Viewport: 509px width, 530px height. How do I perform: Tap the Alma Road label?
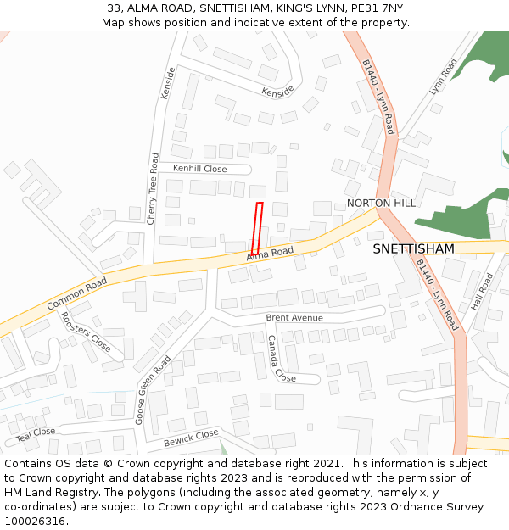270,253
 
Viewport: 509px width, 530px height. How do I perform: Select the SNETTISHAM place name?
413,248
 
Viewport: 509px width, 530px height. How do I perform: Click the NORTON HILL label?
381,204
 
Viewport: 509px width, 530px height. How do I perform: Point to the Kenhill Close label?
200,169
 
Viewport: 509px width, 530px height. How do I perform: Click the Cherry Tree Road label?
154,188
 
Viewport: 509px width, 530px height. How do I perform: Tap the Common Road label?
77,293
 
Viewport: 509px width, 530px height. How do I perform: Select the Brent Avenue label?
294,318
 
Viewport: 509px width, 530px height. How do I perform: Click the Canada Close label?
280,359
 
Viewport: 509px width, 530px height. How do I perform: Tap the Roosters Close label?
85,332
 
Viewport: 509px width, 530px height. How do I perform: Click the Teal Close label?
36,434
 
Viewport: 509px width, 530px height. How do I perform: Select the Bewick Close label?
191,438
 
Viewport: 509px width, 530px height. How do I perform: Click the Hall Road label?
482,290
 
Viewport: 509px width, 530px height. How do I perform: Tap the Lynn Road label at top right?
442,76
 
